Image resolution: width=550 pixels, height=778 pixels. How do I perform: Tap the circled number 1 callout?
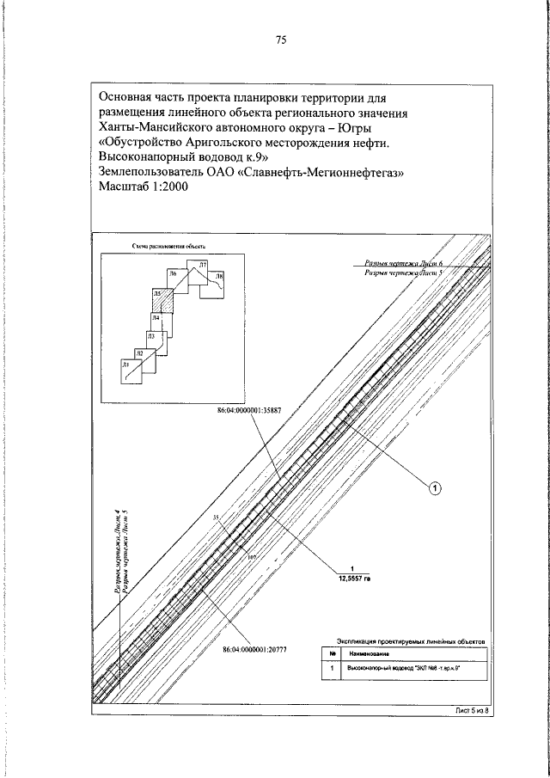[435, 488]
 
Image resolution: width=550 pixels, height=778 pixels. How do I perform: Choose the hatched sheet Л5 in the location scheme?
[162, 302]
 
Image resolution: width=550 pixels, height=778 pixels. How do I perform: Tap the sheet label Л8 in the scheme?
[219, 278]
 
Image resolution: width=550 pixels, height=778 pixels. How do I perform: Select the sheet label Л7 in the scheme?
[203, 265]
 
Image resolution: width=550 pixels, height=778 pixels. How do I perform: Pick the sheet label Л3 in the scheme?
[151, 337]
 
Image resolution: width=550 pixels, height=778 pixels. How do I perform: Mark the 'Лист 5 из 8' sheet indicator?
[471, 711]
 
